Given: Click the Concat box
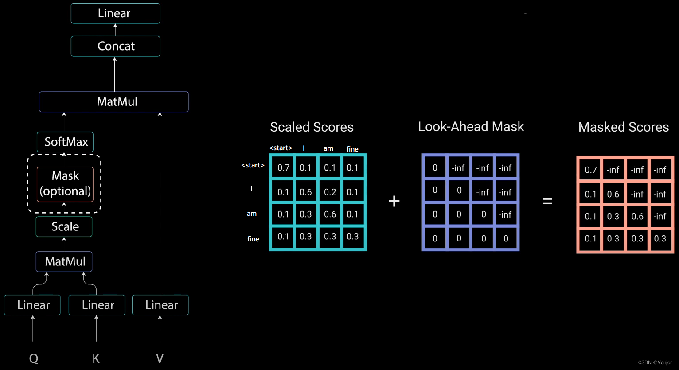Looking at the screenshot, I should (x=115, y=46).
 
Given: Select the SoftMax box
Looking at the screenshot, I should (x=65, y=142).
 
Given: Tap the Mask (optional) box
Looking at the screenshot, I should (x=65, y=184).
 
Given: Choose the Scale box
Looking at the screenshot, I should (x=64, y=226).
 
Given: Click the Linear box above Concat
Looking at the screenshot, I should (x=115, y=13).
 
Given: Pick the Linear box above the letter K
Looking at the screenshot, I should (x=97, y=305).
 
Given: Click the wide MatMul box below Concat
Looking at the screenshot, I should (x=114, y=102).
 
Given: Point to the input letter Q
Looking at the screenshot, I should (x=34, y=358).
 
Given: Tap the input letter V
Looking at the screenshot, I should (x=160, y=358).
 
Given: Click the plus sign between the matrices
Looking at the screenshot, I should (x=394, y=202).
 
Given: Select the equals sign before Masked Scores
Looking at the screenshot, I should (x=547, y=202).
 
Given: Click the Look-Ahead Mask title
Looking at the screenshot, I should (x=471, y=127).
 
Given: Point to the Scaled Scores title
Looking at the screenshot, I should (x=312, y=127).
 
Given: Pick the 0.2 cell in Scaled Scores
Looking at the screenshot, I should (x=330, y=192).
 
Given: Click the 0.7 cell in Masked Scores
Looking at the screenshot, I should (x=590, y=170).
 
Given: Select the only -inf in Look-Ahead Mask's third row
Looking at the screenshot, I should (x=505, y=214).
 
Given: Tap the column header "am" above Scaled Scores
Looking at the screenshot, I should (x=328, y=148).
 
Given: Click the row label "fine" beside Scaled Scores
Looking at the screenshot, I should (x=253, y=239).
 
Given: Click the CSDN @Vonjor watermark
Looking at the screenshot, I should (x=655, y=362).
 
